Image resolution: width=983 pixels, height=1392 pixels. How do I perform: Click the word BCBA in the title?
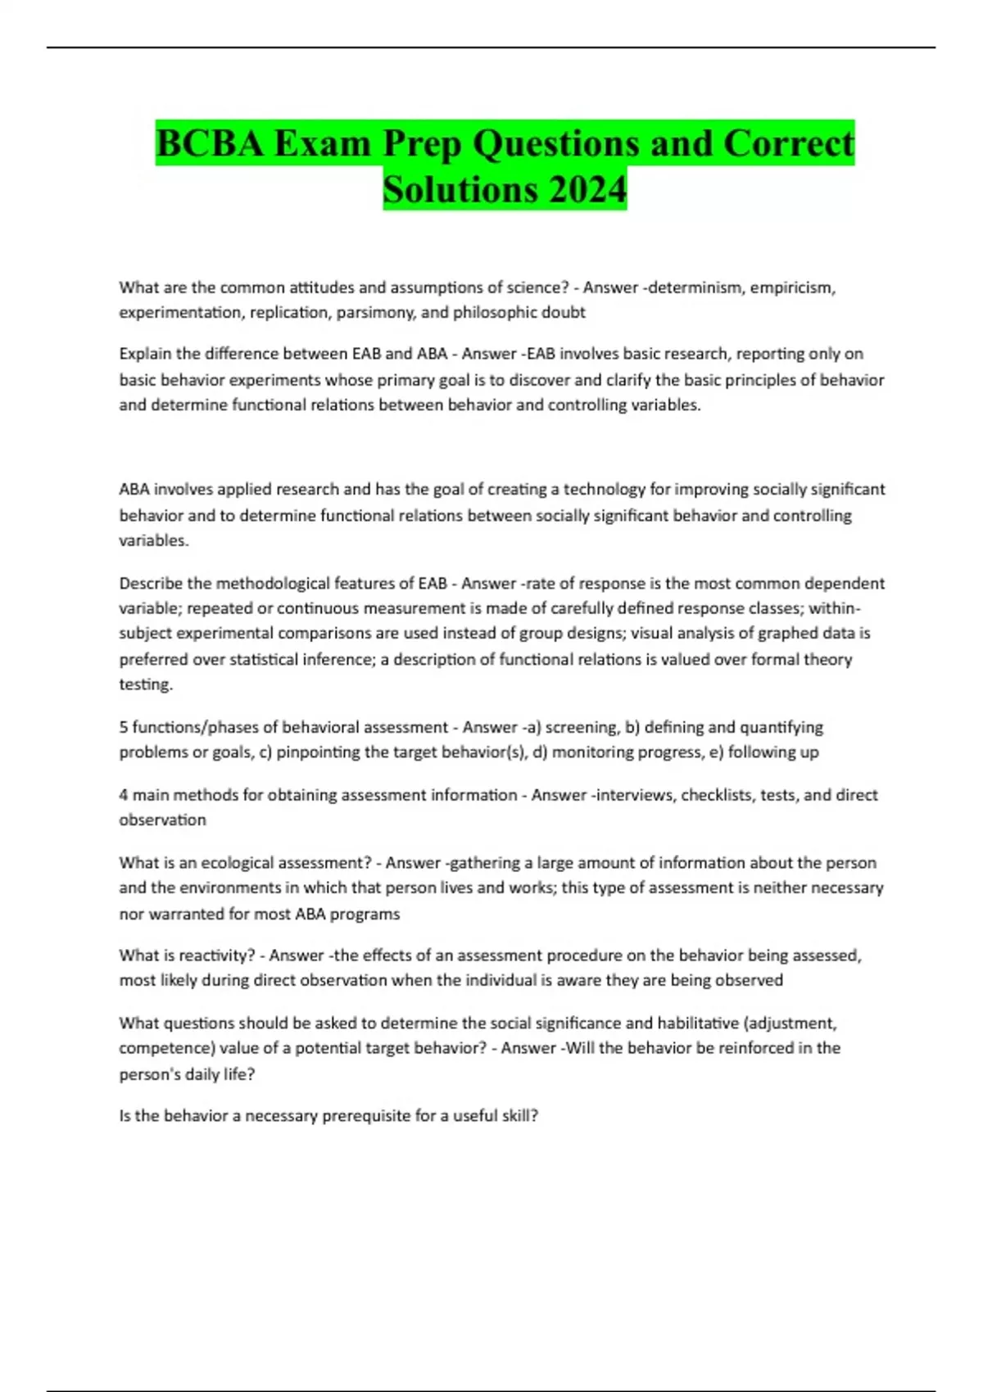click(210, 144)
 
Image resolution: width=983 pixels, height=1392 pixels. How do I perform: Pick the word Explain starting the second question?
click(145, 354)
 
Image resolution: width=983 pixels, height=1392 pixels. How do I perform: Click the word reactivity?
click(211, 955)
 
